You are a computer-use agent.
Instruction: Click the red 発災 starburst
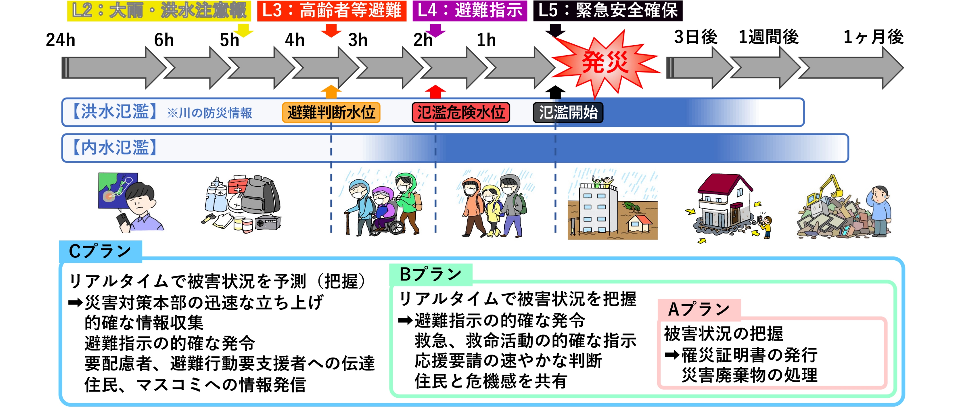tap(605, 62)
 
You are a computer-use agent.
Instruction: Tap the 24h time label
tap(60, 39)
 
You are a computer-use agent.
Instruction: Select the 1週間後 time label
tap(768, 37)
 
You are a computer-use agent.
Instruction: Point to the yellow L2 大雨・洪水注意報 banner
tap(159, 11)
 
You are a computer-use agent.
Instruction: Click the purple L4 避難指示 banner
tap(470, 11)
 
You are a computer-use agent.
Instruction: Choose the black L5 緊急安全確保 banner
tap(607, 11)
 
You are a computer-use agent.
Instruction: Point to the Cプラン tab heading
tap(100, 251)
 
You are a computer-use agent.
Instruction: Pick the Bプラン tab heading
tap(430, 274)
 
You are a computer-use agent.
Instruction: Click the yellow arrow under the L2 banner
tap(244, 30)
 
